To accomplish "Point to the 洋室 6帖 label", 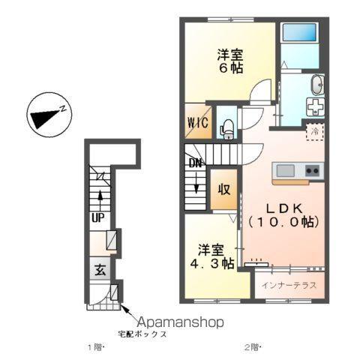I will (x=230, y=61).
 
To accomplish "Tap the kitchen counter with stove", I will (x=297, y=171).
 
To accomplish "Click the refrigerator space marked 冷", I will (x=316, y=130).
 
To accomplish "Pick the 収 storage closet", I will (x=224, y=189).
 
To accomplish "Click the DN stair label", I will (x=194, y=162).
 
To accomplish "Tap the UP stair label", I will (x=98, y=217).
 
